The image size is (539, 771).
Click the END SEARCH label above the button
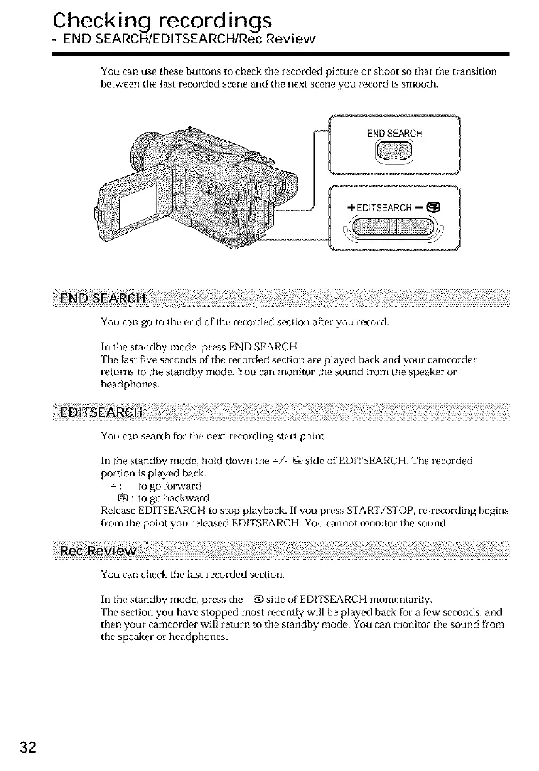click(394, 134)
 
